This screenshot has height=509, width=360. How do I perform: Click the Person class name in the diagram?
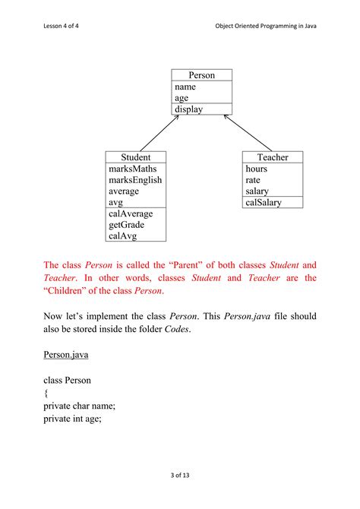pyautogui.click(x=201, y=75)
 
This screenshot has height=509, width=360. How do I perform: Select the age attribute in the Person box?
pyautogui.click(x=182, y=98)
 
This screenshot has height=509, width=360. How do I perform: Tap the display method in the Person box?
pyautogui.click(x=188, y=109)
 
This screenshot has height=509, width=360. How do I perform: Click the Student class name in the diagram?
pyautogui.click(x=136, y=157)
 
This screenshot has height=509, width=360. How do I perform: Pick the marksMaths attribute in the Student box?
pyautogui.click(x=133, y=169)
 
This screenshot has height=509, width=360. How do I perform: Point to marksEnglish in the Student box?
pyautogui.click(x=135, y=180)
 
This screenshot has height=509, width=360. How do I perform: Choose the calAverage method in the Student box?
pyautogui.click(x=131, y=213)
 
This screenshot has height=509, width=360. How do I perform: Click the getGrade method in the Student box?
pyautogui.click(x=128, y=225)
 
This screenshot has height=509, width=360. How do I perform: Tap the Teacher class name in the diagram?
pyautogui.click(x=273, y=157)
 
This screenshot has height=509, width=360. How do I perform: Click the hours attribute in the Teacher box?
pyautogui.click(x=257, y=169)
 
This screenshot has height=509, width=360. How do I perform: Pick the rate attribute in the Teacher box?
pyautogui.click(x=253, y=180)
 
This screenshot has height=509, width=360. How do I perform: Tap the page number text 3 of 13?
pyautogui.click(x=179, y=476)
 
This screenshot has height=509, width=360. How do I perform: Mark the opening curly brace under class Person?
pyautogui.click(x=46, y=394)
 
